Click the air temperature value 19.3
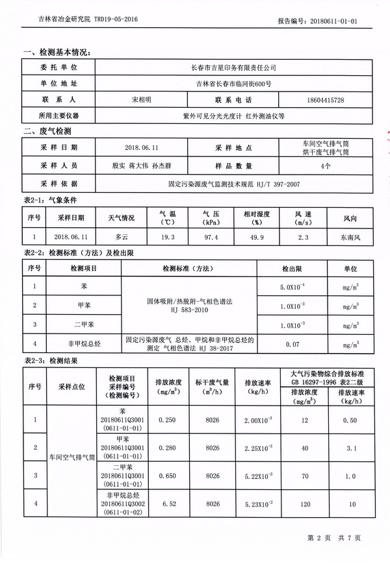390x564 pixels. pyautogui.click(x=168, y=238)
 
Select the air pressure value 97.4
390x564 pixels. pyautogui.click(x=211, y=238)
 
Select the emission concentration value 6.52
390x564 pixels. pyautogui.click(x=168, y=503)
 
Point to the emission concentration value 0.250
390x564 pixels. pyautogui.click(x=168, y=421)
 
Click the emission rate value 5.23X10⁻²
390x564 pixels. pyautogui.click(x=253, y=503)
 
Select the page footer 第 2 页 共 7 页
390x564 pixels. pyautogui.click(x=333, y=537)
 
